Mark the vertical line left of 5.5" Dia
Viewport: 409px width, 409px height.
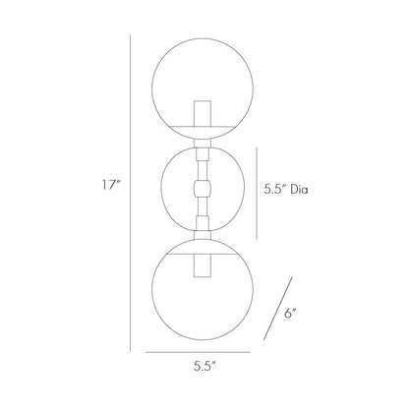tap(258, 192)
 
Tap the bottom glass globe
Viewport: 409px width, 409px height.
tap(204, 295)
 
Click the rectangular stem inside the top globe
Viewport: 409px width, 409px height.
tap(204, 117)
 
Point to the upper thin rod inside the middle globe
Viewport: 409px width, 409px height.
tap(204, 167)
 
